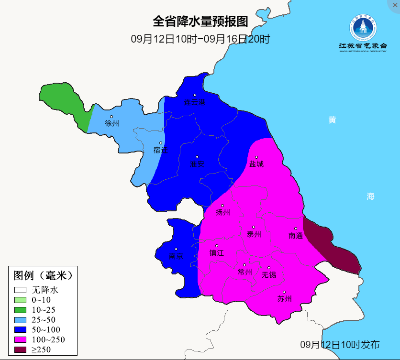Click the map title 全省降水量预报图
(x=200, y=22)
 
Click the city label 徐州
(x=111, y=123)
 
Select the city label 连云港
(x=195, y=102)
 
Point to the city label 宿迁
(x=161, y=150)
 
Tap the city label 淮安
(x=197, y=164)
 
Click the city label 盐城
(x=256, y=164)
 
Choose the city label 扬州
(x=223, y=212)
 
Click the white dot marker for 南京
(x=176, y=249)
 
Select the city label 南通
(x=296, y=236)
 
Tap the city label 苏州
(x=284, y=299)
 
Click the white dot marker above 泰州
(x=254, y=227)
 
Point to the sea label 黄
(x=332, y=120)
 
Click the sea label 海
(x=370, y=196)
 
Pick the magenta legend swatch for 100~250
(x=20, y=340)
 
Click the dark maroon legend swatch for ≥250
(x=20, y=350)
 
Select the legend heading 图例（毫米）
(x=43, y=276)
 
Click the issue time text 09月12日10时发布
(x=340, y=345)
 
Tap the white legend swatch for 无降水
(x=20, y=290)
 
